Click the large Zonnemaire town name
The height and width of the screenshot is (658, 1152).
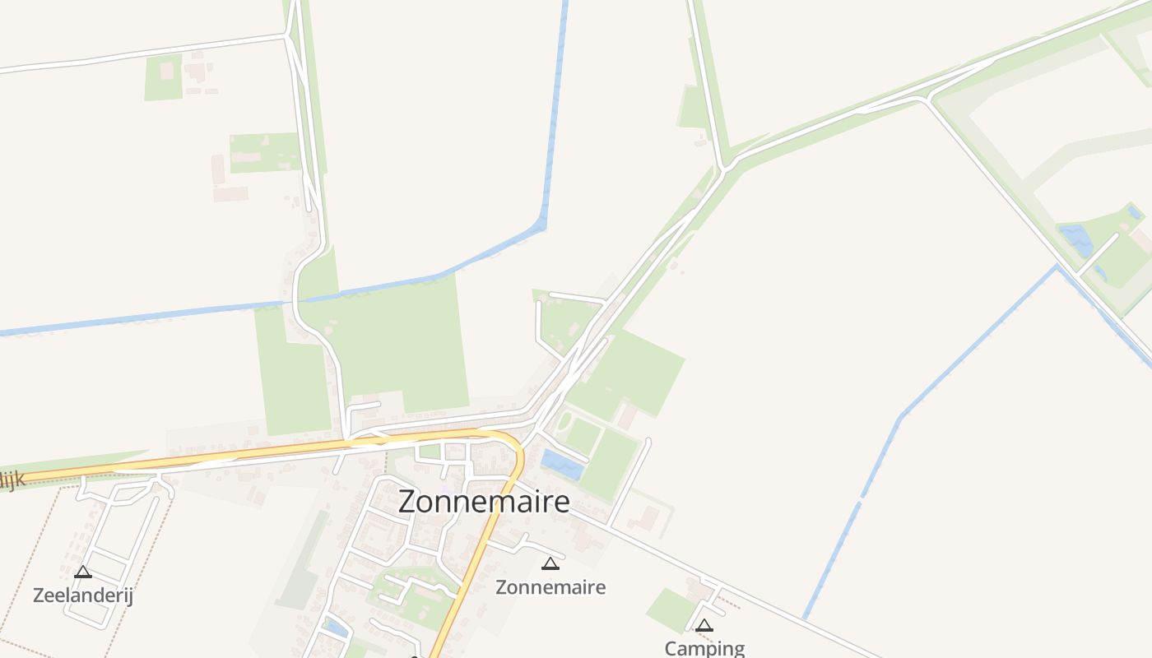click(x=484, y=501)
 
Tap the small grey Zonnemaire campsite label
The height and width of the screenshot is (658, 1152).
click(x=550, y=586)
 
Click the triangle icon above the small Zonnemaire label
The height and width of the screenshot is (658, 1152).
click(x=550, y=563)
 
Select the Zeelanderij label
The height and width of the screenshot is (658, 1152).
click(x=82, y=595)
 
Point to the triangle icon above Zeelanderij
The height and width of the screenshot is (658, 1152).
click(x=82, y=572)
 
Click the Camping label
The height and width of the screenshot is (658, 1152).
click(x=704, y=648)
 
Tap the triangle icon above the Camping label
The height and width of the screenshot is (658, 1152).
click(x=704, y=625)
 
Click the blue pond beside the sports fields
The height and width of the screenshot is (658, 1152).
click(x=563, y=465)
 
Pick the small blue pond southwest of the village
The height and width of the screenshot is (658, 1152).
click(x=335, y=628)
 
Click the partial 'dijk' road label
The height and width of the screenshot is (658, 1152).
click(x=12, y=480)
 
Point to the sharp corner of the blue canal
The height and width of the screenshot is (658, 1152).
click(x=543, y=224)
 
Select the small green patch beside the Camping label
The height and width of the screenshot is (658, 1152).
click(x=671, y=609)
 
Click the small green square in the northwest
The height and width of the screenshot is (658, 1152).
click(x=163, y=78)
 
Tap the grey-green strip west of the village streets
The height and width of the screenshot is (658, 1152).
click(x=305, y=559)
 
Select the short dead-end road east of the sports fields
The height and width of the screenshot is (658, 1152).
click(x=630, y=482)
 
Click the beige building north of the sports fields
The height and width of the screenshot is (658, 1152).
click(x=627, y=416)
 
